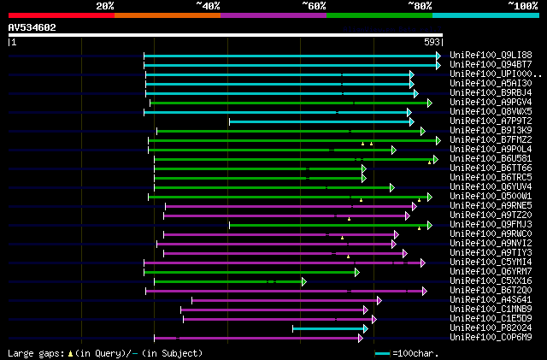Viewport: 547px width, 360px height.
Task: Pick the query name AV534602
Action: point(32,27)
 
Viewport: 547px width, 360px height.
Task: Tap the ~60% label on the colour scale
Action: point(314,5)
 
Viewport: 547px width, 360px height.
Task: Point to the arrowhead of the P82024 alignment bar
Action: point(365,328)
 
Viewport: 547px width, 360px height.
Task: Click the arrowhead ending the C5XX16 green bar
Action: point(303,281)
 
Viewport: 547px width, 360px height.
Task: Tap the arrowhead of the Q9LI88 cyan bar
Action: point(438,56)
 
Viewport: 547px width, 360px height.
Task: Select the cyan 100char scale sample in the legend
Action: point(381,353)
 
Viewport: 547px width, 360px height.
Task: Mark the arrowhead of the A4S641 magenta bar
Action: point(379,300)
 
